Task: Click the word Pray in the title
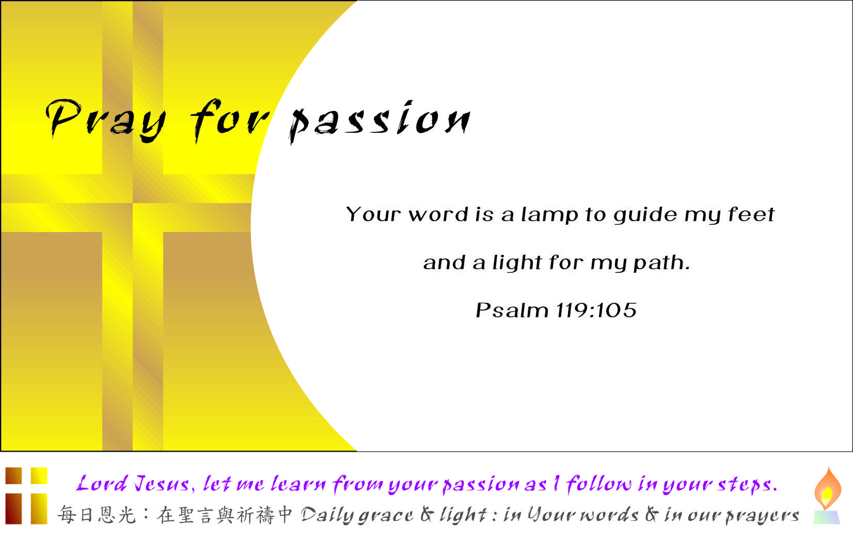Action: click(106, 120)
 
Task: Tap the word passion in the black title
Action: click(380, 122)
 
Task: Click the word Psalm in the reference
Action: click(512, 310)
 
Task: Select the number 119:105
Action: click(596, 310)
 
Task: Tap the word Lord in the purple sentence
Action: click(102, 484)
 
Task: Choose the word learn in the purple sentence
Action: click(298, 484)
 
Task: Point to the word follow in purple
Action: click(598, 484)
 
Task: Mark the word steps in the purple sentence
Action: click(747, 485)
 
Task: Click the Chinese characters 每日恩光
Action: click(97, 515)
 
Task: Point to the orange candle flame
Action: click(828, 488)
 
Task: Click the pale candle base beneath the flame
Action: click(827, 517)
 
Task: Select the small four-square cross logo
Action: click(26, 496)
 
